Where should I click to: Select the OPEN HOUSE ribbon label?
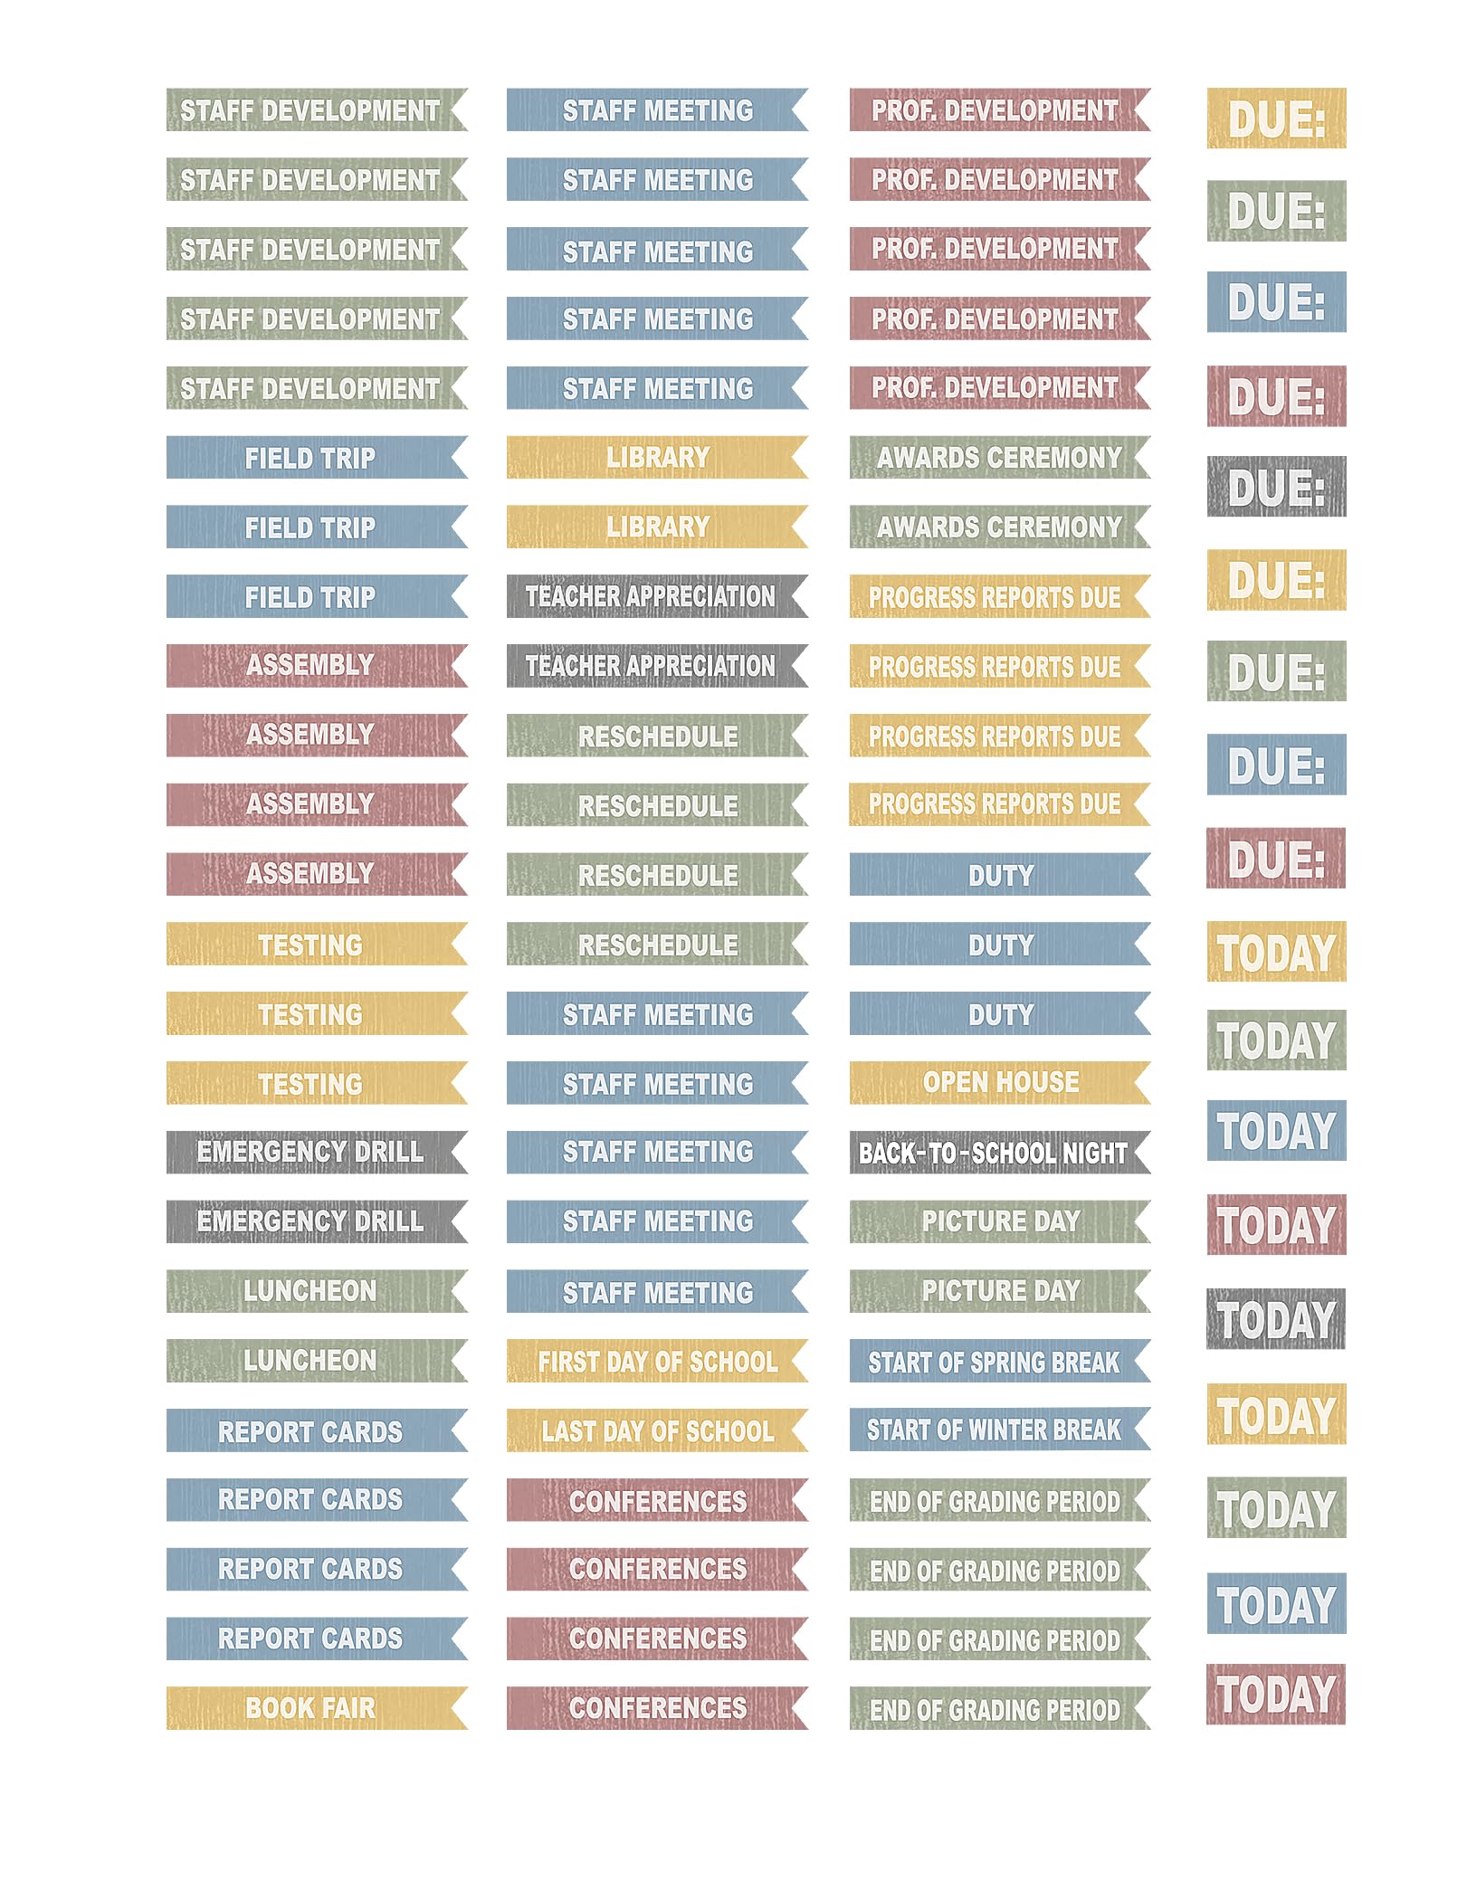[x=1000, y=1082]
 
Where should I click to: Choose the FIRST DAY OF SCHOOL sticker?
[x=657, y=1361]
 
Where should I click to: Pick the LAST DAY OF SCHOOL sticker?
[x=657, y=1430]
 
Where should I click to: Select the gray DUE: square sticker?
[x=1276, y=487]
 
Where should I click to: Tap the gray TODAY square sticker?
[x=1276, y=1319]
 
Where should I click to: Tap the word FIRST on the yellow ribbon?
[x=568, y=1362]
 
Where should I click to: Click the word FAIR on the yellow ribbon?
[x=348, y=1708]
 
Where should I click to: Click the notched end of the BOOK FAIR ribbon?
[x=457, y=1707]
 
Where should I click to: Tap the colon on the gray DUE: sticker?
[x=1318, y=489]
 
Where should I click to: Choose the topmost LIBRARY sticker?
[x=657, y=458]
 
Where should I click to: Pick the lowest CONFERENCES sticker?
[x=657, y=1707]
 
